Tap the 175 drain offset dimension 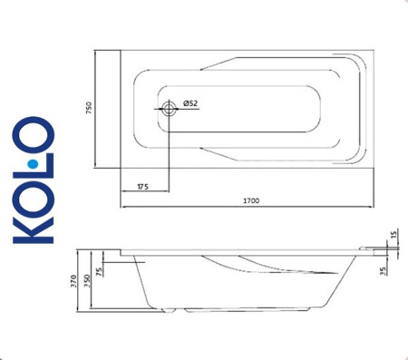coord(143,185)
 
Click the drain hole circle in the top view coord(169,110)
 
